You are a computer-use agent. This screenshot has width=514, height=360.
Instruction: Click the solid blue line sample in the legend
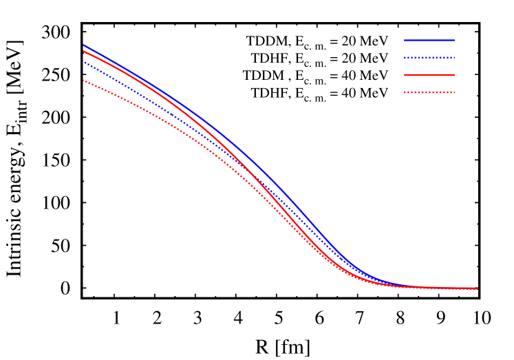pos(429,40)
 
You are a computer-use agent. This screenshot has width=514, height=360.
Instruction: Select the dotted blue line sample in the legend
pos(429,57)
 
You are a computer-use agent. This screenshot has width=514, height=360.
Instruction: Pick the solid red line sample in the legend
pos(429,74)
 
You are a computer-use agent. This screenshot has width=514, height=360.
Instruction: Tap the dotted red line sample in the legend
pos(429,92)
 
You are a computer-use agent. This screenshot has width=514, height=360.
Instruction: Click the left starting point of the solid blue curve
pos(83,45)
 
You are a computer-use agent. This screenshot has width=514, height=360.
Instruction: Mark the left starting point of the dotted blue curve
pos(83,62)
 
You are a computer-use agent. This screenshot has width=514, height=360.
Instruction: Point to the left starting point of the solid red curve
pos(83,51)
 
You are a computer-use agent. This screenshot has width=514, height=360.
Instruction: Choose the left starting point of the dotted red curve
pos(83,81)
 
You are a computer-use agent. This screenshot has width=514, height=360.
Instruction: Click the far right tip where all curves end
pos(478,288)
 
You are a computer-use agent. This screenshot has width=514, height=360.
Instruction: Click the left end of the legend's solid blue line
pos(405,40)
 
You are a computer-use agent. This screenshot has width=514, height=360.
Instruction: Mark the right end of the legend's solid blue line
pos(454,40)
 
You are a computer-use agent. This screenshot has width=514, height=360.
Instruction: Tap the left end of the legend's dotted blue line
pos(405,57)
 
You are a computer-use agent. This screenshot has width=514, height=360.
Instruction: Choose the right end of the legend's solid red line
pos(454,74)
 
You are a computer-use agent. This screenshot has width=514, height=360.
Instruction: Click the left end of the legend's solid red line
pos(405,74)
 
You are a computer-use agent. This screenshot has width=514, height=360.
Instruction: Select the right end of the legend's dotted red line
pos(454,92)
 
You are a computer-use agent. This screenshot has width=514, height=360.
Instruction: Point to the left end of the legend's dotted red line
pos(405,92)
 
